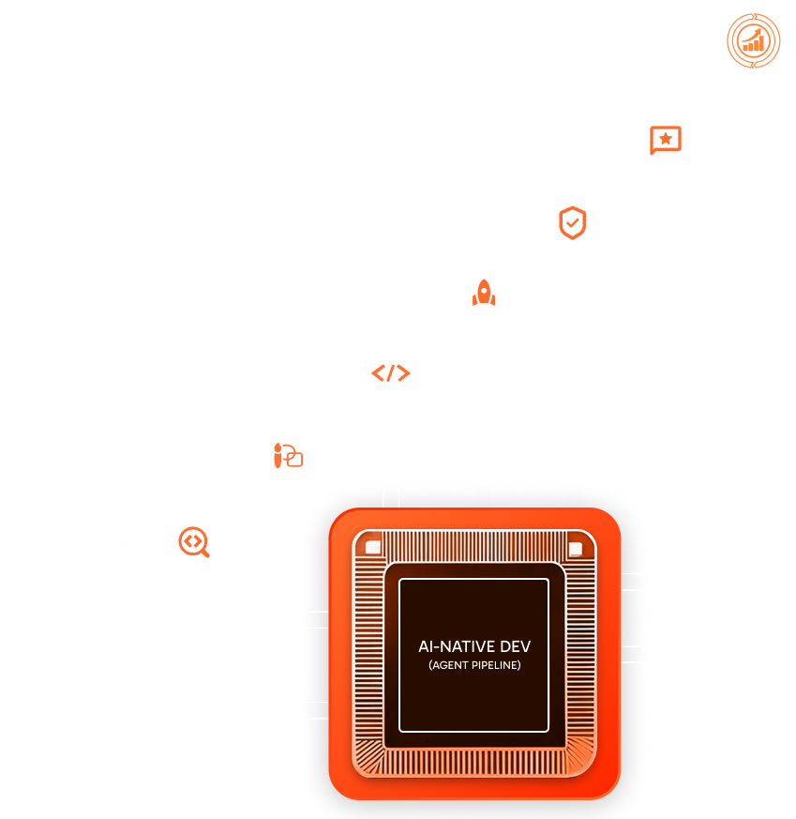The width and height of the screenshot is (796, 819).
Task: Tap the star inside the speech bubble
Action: (x=666, y=139)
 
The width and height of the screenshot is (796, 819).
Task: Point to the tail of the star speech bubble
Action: (x=653, y=152)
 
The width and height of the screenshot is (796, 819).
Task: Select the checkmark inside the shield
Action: (x=573, y=223)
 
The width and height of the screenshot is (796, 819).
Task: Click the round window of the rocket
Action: (x=484, y=290)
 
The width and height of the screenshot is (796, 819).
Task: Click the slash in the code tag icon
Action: (x=390, y=373)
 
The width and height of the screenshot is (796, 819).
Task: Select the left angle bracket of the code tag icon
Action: (x=378, y=373)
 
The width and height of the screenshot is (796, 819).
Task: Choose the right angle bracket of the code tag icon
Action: (x=403, y=373)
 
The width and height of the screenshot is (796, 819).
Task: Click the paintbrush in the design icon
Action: (x=278, y=455)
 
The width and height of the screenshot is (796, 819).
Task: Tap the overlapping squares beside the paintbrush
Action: (x=293, y=456)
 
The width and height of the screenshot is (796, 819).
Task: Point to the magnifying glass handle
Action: (x=204, y=552)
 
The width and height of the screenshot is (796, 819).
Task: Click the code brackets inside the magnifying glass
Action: (x=192, y=540)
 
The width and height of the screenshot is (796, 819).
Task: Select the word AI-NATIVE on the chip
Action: (x=457, y=646)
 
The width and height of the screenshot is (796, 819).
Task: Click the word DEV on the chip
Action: (x=515, y=646)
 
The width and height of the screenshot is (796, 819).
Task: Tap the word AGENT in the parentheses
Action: (x=449, y=665)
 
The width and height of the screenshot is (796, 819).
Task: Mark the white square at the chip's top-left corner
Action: (x=373, y=547)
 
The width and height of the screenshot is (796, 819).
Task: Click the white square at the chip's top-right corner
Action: (x=576, y=549)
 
